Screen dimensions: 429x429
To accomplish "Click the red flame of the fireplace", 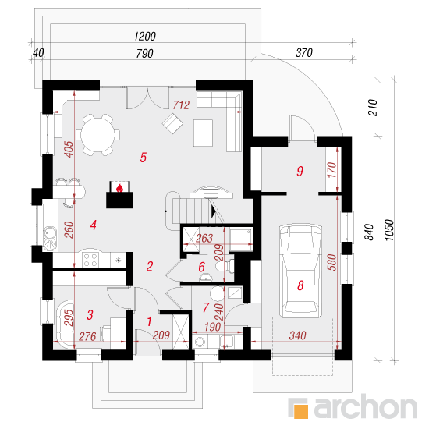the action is (119, 188).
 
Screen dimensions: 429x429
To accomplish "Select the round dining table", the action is (97, 135).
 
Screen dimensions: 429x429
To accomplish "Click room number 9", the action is (300, 171).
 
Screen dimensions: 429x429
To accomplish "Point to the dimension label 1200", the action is (145, 36).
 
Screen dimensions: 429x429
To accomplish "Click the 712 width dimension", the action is (181, 105).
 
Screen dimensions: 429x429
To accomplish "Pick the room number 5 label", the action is (143, 158).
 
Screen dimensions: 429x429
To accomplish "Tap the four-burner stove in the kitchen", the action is (90, 260).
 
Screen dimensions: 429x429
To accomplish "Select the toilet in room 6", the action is (225, 266).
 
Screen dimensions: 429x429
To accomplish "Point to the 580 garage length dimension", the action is (331, 262).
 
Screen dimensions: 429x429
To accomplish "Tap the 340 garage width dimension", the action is (298, 335).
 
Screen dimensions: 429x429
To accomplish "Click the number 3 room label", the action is (90, 315).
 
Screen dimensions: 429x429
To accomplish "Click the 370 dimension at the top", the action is (304, 52).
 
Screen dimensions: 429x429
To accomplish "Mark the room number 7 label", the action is (206, 307).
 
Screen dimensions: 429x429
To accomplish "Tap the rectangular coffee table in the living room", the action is (204, 133).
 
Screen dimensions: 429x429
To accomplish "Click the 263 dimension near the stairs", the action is (204, 239).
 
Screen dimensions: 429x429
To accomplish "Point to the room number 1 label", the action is (150, 321).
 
